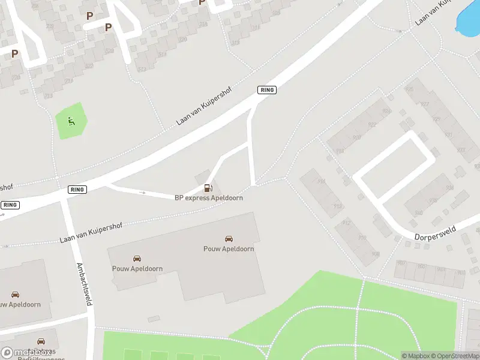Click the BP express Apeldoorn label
pos(209,198)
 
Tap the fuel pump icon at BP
pos(208,188)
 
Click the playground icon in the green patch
pos(71,122)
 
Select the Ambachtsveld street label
pos(84,284)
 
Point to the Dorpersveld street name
pos(436,233)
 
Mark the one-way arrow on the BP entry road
pos(142,193)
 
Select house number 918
pos(340,151)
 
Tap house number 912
pos(346,223)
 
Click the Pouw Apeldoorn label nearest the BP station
pos(229,249)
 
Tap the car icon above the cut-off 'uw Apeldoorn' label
pos(16,295)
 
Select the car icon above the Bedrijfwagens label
pos(41,341)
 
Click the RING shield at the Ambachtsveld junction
pos(77,190)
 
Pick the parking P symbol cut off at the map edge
pos(202,2)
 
